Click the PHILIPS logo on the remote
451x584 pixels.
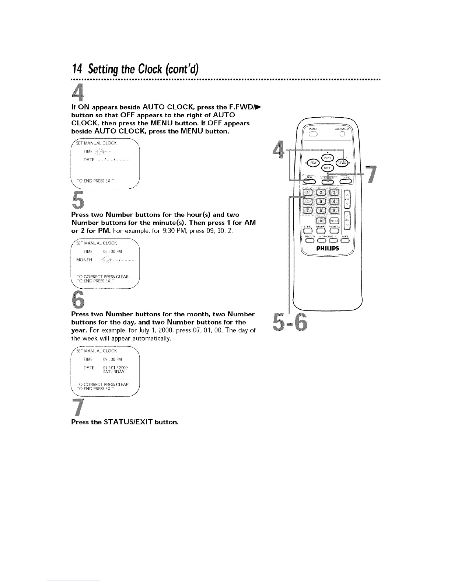click(x=328, y=248)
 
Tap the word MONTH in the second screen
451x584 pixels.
click(x=84, y=260)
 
